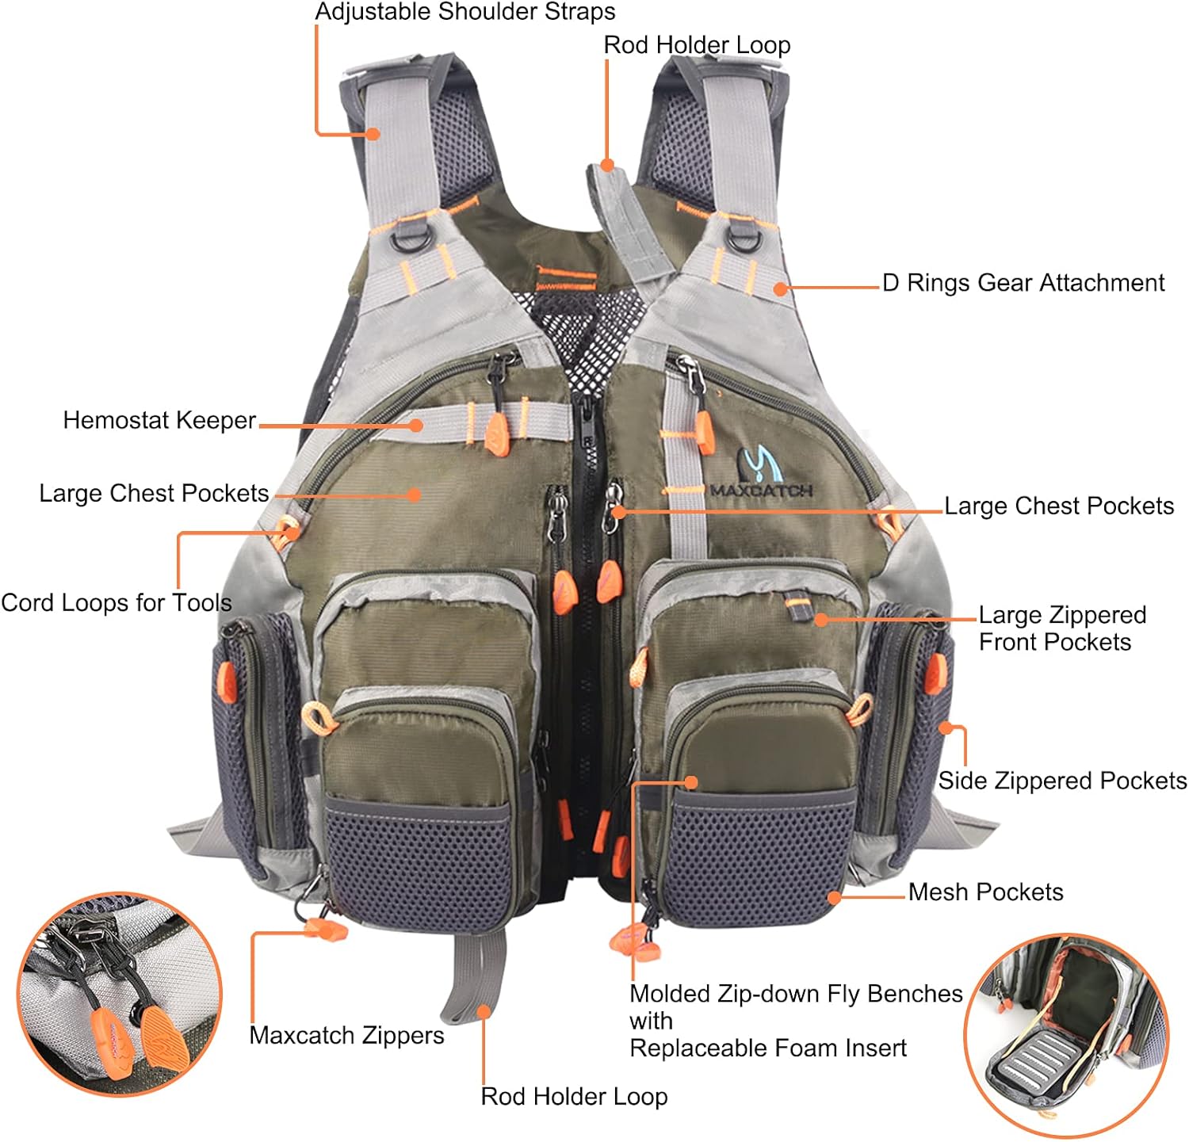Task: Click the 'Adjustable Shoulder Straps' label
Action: [465, 13]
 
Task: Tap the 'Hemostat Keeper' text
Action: [159, 420]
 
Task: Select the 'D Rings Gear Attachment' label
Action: [1023, 283]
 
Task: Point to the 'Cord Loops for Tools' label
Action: [117, 603]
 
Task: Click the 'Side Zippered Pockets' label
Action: [1063, 781]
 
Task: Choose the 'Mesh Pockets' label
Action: [986, 892]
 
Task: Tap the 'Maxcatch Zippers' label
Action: [346, 1035]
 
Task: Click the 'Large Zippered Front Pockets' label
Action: [1062, 628]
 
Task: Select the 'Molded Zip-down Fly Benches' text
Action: [796, 994]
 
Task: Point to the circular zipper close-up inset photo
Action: [120, 995]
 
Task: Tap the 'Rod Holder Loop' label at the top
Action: [697, 45]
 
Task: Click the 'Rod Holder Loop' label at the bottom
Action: [574, 1096]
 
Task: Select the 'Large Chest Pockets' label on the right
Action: [1059, 506]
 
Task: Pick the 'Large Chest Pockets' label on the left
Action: [154, 493]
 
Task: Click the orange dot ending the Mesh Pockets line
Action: [834, 898]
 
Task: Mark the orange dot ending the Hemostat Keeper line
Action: [416, 426]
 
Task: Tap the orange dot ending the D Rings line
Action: [781, 288]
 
